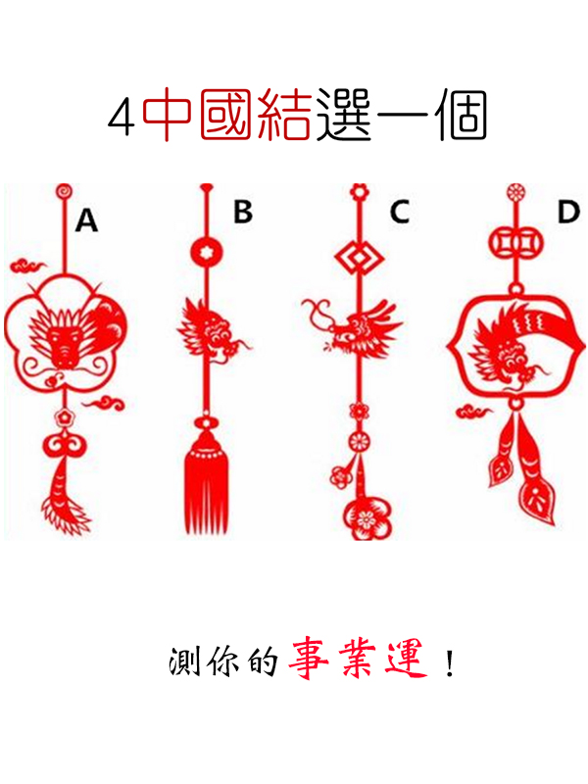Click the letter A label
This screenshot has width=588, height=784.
[x=86, y=220]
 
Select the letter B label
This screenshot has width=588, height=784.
[x=243, y=211]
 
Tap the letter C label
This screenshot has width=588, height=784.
[x=400, y=211]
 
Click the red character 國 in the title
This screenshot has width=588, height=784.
[x=225, y=115]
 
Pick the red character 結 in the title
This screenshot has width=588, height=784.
[x=283, y=115]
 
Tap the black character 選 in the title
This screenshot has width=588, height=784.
[x=344, y=115]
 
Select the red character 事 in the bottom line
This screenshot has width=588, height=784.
[x=309, y=660]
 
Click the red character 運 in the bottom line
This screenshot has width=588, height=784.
[x=407, y=660]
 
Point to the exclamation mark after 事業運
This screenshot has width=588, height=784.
[x=450, y=662]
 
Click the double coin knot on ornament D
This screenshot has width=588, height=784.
[x=515, y=243]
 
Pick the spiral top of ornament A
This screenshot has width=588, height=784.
[x=64, y=192]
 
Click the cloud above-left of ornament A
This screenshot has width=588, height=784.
[x=29, y=266]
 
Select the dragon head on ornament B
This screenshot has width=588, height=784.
[x=213, y=331]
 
